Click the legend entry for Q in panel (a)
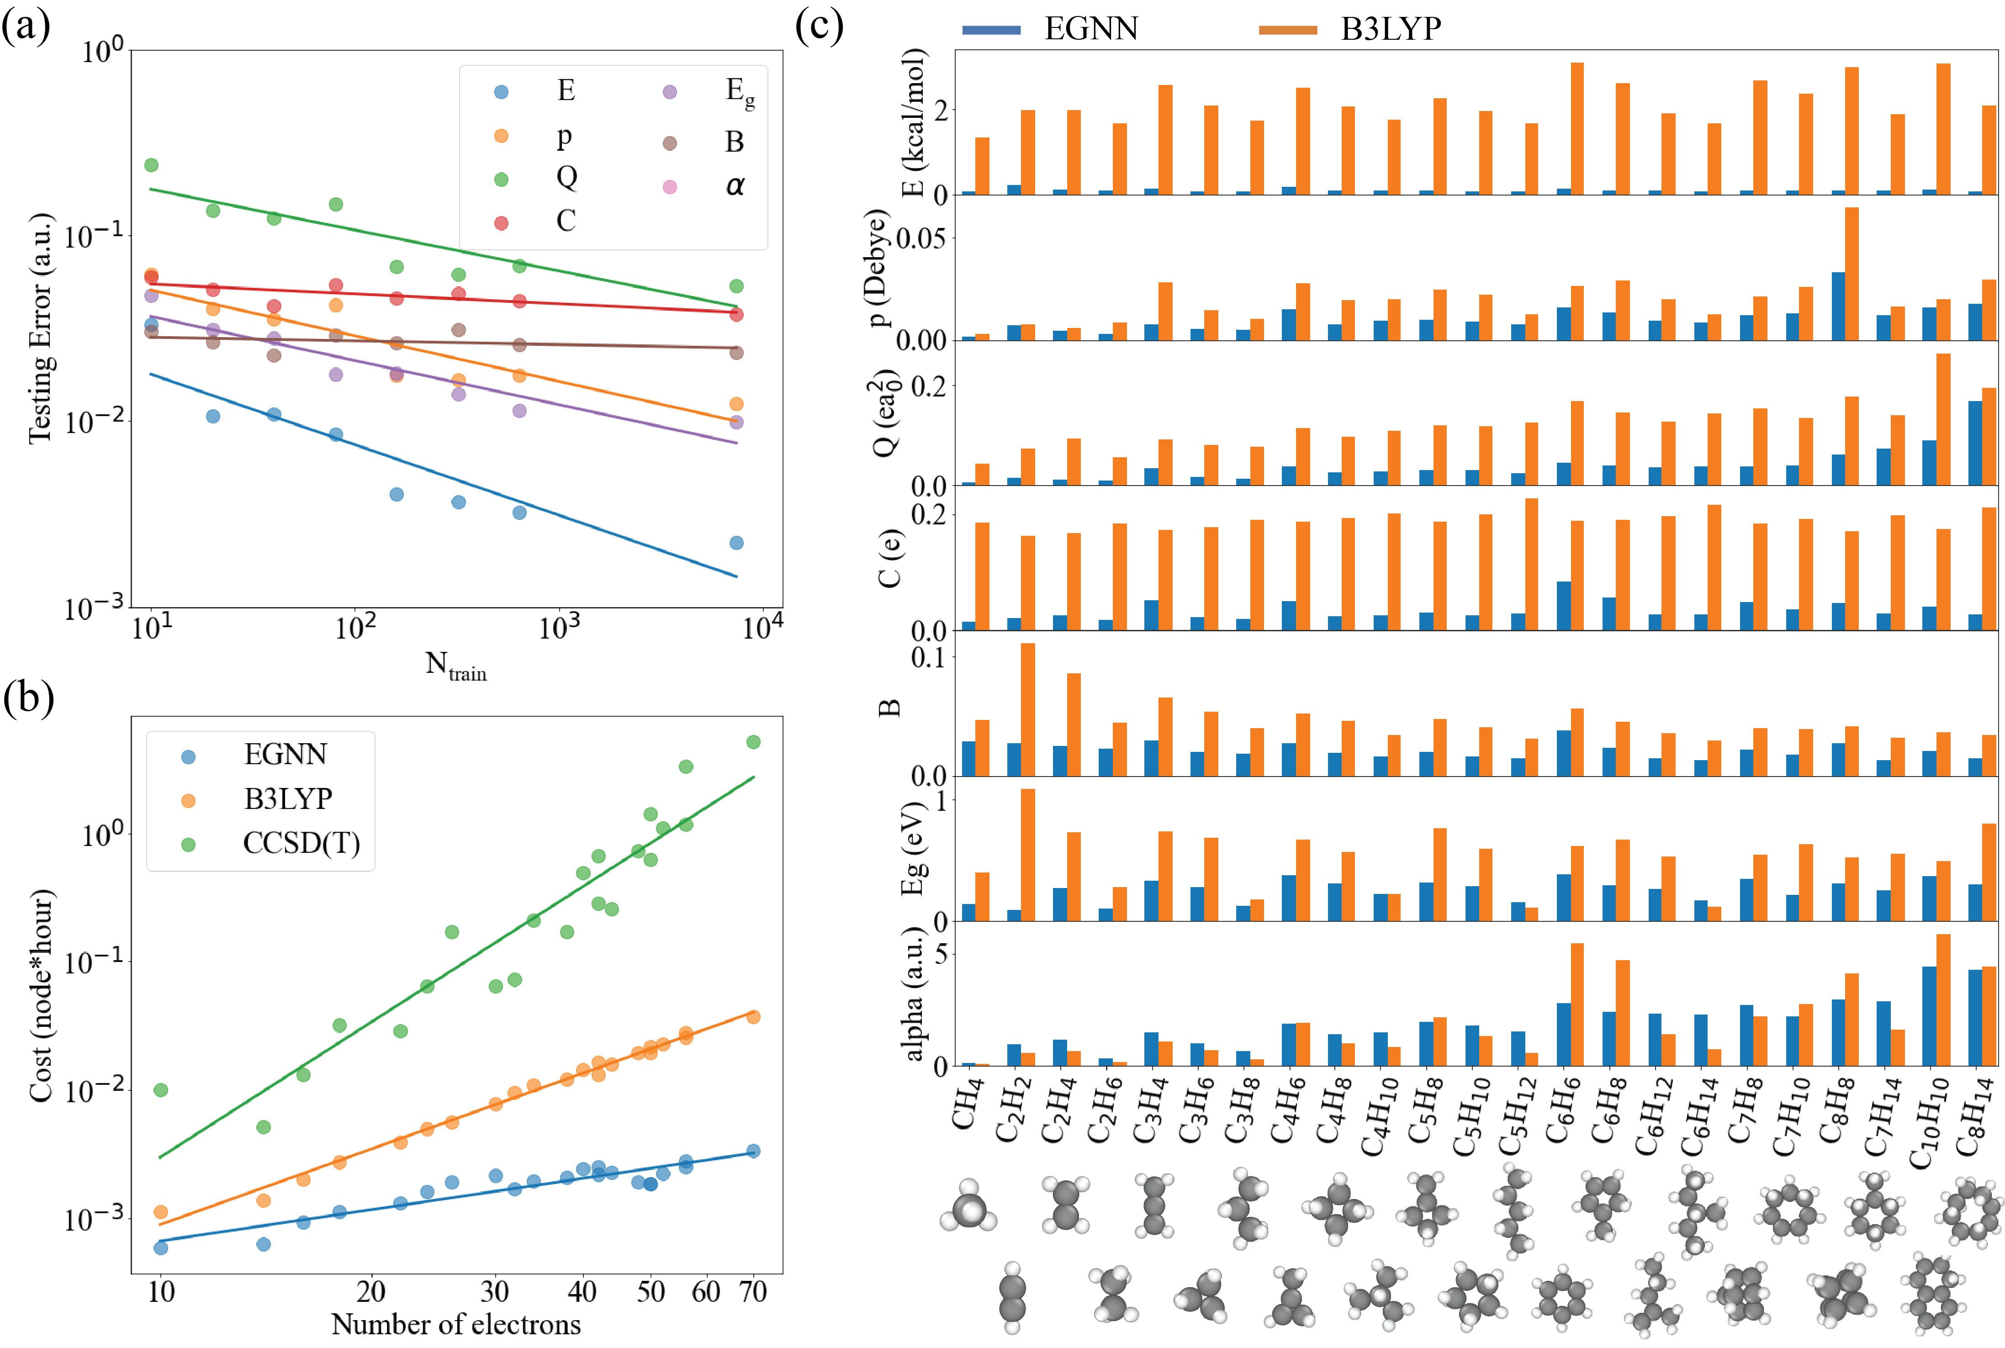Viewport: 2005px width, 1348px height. click(566, 177)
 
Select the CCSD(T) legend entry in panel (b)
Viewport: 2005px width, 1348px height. click(301, 843)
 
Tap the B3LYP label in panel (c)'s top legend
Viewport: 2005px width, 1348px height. click(1390, 29)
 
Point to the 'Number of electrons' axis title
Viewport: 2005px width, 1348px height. click(456, 1324)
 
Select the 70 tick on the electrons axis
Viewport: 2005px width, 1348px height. click(753, 1291)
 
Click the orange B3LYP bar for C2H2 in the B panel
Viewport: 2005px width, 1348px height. click(1027, 709)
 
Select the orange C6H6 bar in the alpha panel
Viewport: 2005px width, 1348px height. click(1577, 1004)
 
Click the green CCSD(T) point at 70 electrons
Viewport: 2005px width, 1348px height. click(753, 742)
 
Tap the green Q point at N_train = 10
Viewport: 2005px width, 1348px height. click(151, 165)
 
